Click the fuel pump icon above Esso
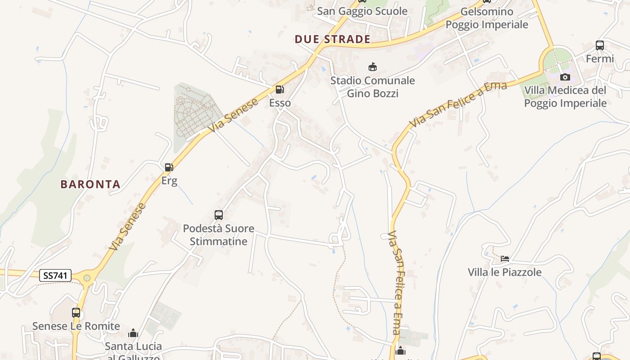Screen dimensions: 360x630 pos(279,90)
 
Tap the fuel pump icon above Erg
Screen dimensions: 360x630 pos(169,167)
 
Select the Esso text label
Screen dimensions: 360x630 pos(280,103)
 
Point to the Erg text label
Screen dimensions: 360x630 pos(169,181)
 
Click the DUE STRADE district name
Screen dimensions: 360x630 pos(333,39)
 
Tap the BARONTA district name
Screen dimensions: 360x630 pos(90,184)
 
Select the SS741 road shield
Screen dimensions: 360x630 pos(55,275)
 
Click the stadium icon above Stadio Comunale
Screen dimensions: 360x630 pos(373,67)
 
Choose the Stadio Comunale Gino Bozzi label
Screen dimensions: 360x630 pos(373,87)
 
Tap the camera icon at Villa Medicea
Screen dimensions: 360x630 pos(565,77)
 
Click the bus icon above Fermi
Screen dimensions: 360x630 pos(599,45)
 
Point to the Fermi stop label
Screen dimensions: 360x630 pos(599,58)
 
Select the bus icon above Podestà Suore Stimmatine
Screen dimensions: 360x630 pos(219,215)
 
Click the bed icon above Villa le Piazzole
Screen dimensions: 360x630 pos(505,259)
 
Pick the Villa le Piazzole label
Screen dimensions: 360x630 pos(504,272)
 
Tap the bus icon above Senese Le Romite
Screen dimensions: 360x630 pos(76,312)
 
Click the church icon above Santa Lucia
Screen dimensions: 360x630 pos(133,333)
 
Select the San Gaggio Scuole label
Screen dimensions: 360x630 pos(362,11)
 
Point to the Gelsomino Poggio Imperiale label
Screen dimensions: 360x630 pos(487,18)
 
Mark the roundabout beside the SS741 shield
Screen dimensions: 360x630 pos(87,278)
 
